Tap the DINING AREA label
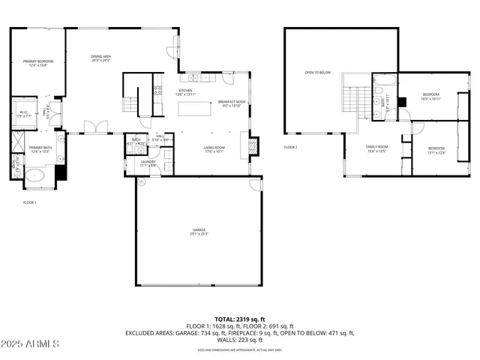click(101, 58)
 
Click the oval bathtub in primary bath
click(34, 177)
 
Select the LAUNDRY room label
click(147, 163)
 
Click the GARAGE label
click(198, 232)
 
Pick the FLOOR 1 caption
click(30, 202)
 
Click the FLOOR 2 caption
click(291, 147)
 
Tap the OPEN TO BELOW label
click(317, 73)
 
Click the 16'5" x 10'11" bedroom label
click(430, 97)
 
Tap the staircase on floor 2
click(351, 96)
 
